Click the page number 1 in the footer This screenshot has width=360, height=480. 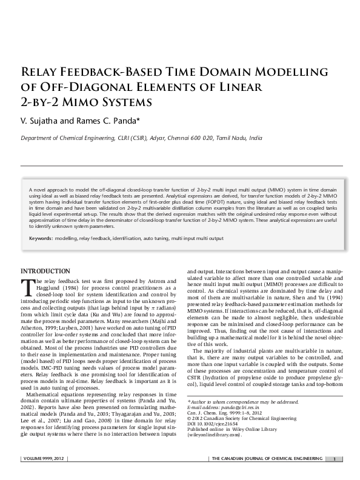[335, 459]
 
